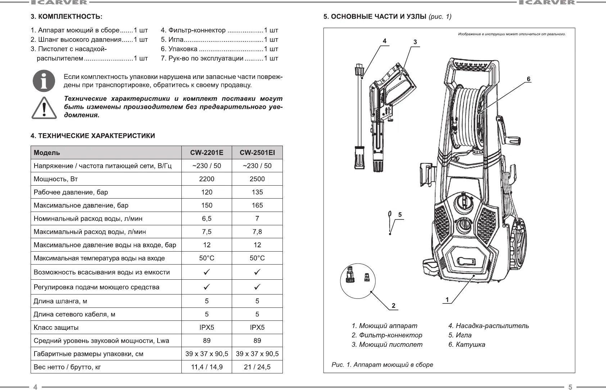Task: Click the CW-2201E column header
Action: tap(207, 152)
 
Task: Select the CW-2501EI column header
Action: tap(257, 152)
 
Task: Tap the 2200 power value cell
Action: tap(207, 179)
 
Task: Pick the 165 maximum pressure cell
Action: tap(257, 205)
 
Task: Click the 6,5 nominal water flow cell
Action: tap(207, 218)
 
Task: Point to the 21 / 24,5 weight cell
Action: tap(257, 367)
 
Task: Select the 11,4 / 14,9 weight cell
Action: tap(207, 367)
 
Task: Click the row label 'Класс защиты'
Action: tap(56, 327)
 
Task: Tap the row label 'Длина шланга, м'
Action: tap(60, 301)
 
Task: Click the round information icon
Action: tap(44, 81)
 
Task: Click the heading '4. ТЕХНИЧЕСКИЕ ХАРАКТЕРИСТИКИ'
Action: tap(93, 136)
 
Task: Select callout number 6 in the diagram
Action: tap(528, 79)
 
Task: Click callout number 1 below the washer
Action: tap(447, 300)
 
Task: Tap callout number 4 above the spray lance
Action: tap(384, 41)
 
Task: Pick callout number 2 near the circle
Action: tap(393, 306)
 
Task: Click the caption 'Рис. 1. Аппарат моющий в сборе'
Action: tap(382, 364)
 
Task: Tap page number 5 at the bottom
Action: tap(570, 387)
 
